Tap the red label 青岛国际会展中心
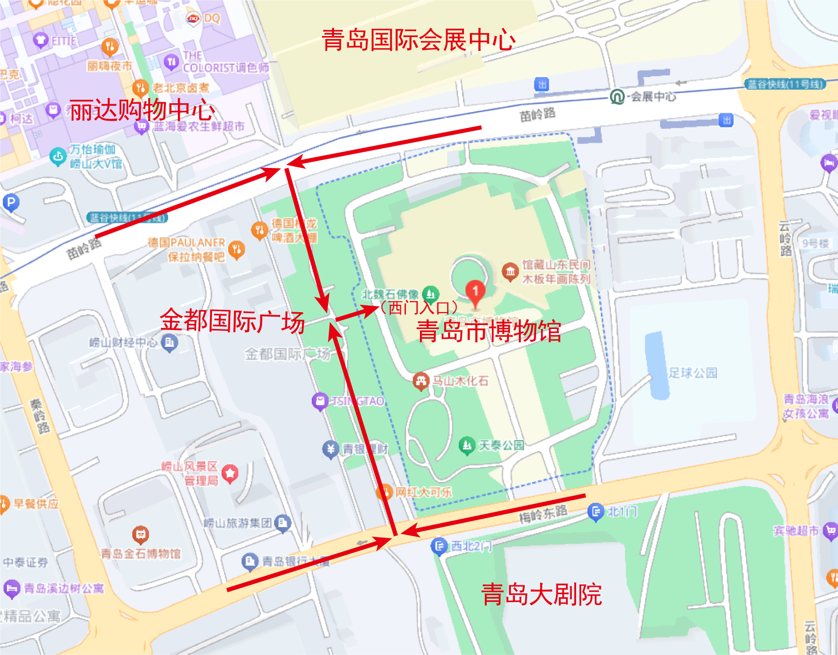419,40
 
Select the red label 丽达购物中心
142,110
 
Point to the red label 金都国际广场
232,321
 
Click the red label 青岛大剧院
542,594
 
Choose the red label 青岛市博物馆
489,331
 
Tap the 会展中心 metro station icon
617,96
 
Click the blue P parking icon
11,202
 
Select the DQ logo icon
193,18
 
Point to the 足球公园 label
693,373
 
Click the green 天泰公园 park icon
466,446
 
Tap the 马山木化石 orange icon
420,381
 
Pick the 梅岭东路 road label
543,514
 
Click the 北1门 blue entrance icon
596,512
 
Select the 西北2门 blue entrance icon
439,546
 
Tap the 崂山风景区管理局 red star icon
230,473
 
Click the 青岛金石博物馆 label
141,554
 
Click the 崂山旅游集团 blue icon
282,523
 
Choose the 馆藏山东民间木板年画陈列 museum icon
510,271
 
